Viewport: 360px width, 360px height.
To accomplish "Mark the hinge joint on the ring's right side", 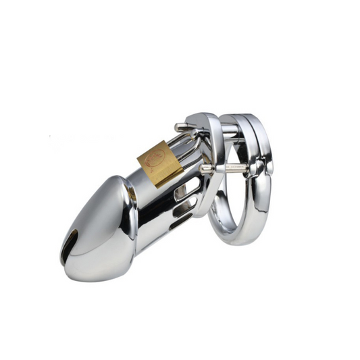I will pyautogui.click(x=269, y=162).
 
